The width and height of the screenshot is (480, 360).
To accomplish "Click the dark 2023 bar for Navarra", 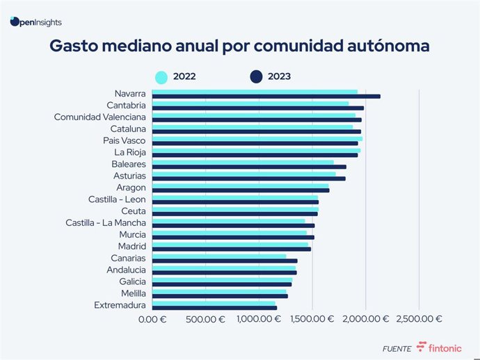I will click(x=266, y=97).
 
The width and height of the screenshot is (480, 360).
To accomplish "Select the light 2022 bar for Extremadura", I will click(x=214, y=303).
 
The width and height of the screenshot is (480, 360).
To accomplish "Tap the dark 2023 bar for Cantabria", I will click(x=257, y=108).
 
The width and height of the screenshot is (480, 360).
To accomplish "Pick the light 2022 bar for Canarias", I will click(x=218, y=256).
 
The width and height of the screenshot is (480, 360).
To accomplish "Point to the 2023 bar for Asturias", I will click(x=248, y=179).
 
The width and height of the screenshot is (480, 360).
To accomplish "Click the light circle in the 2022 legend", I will click(x=161, y=76).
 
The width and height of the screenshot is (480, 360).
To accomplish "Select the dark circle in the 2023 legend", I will click(x=257, y=76).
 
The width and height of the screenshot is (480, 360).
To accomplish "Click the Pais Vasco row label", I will click(x=125, y=140).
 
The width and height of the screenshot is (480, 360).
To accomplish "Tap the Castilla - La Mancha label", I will click(x=106, y=222).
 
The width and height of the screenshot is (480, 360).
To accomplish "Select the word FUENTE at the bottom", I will click(x=397, y=348).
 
